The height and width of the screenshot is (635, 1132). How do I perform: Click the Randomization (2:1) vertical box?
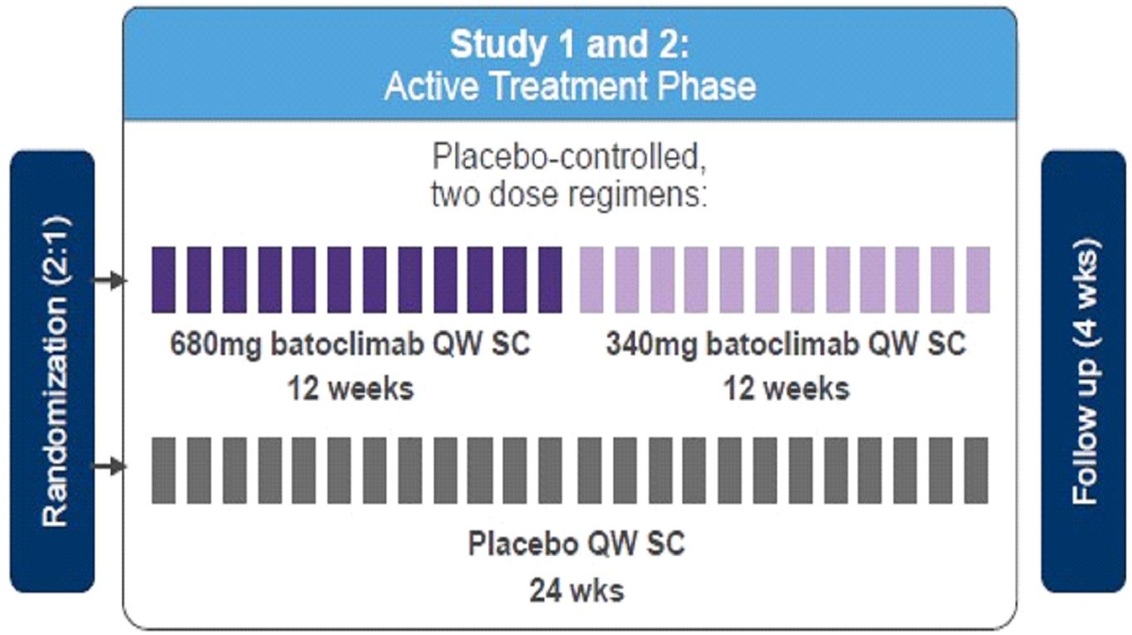(52, 372)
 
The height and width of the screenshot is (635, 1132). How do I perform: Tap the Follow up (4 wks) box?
(1083, 372)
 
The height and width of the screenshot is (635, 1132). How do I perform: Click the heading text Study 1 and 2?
(569, 45)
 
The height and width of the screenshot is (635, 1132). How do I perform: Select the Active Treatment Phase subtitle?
(569, 86)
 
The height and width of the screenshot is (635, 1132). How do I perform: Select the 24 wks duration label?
(577, 591)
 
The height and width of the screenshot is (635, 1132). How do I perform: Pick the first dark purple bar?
(164, 280)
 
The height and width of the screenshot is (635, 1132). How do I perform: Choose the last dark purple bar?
(550, 280)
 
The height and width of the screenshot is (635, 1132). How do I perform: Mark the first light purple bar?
(591, 280)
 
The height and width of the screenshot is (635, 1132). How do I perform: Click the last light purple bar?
(978, 280)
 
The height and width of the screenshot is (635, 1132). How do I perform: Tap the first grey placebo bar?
(164, 470)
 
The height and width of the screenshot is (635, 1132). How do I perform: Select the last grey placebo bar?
(977, 470)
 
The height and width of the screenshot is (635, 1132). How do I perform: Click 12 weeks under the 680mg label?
(350, 388)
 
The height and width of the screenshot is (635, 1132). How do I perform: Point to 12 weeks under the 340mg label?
(786, 388)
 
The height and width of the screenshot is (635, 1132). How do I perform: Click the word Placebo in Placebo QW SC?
(522, 544)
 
